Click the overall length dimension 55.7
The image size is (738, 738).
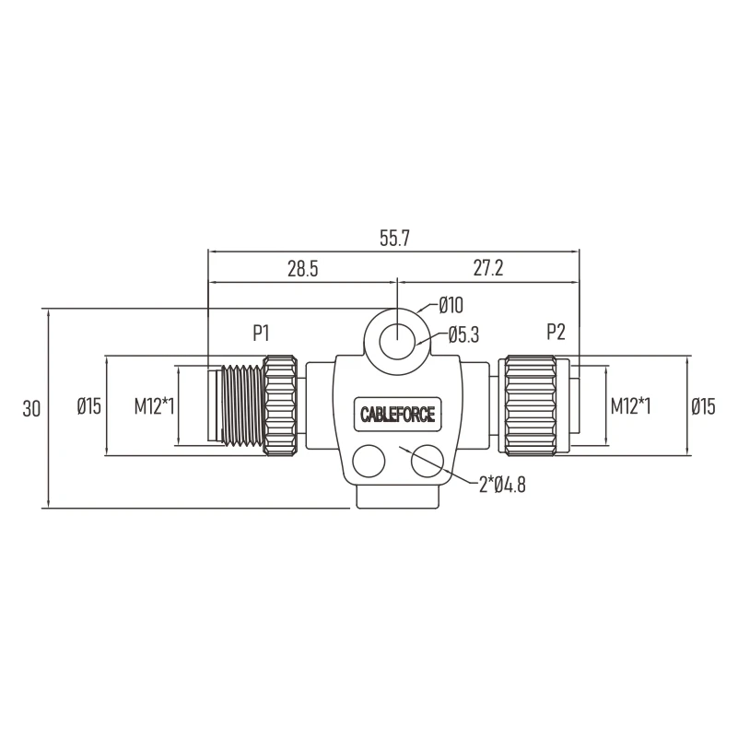pos(393,238)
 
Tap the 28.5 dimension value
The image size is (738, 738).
pos(302,269)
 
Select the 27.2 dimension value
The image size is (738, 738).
pos(488,269)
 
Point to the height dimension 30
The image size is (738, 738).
pos(31,408)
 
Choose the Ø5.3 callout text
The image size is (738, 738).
pos(463,336)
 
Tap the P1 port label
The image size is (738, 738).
pos(262,333)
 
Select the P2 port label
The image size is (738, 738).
pos(556,333)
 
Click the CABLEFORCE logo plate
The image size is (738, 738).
pos(395,414)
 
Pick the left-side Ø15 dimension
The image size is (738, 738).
pos(88,405)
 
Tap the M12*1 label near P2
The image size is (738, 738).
pos(630,405)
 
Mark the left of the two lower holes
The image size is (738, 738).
pos(369,461)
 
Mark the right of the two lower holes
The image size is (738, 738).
pos(428,461)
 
